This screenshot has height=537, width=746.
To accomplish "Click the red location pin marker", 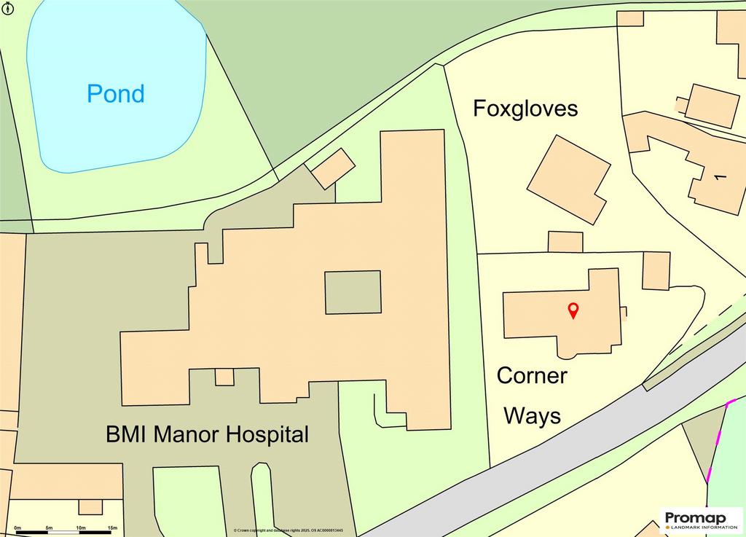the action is point(573,310).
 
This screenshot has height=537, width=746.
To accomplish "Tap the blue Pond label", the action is point(116,93).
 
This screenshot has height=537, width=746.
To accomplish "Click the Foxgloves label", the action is point(525,109).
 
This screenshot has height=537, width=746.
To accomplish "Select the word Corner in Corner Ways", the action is point(532,376).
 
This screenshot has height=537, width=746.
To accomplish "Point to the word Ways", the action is point(533,416).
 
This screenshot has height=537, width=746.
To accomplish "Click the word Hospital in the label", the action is point(267,435).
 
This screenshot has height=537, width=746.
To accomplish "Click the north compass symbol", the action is point(7,9).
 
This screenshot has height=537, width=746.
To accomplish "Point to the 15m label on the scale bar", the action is point(112,527).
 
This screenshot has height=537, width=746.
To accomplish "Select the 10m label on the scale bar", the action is point(80,527).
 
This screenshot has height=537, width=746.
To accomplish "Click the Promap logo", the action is point(702,520).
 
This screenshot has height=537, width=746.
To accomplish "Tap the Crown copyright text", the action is point(288,530).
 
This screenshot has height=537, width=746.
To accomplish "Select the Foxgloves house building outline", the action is point(569,179).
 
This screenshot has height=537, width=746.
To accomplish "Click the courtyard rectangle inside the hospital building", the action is point(353,292).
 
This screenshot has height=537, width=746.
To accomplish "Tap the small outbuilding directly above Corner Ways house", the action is point(565,242).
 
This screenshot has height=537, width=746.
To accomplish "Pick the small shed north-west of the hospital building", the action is point(334,168).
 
